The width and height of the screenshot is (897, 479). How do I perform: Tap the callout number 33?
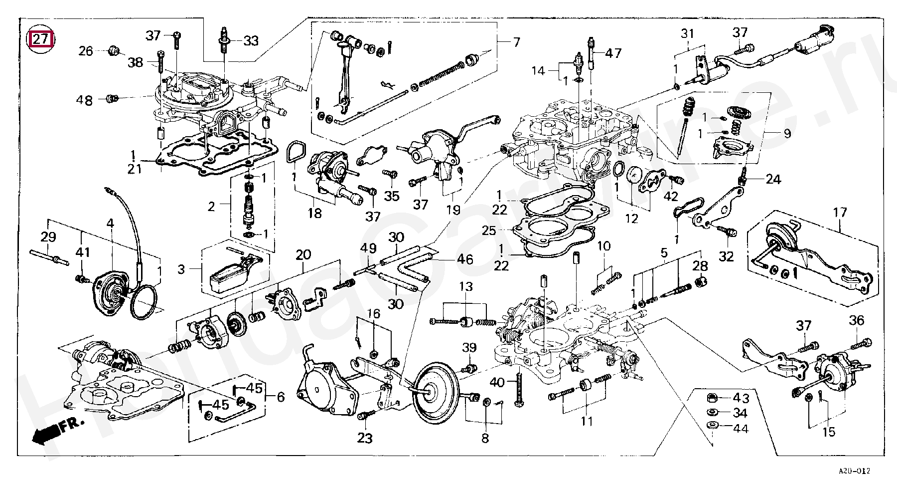(251, 40)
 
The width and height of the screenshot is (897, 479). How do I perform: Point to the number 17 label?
(840, 213)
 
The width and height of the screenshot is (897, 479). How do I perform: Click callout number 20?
(303, 255)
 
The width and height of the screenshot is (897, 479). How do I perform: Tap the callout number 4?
(110, 224)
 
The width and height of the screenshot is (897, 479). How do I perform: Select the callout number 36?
(857, 320)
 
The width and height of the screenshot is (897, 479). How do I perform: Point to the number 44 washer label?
(741, 428)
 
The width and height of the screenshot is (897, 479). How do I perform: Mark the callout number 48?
(84, 100)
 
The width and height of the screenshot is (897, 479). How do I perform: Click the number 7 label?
(516, 42)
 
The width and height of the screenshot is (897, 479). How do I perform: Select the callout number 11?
(587, 421)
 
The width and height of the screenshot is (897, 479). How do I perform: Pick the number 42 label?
(671, 196)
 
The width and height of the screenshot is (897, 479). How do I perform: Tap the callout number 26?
(86, 51)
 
